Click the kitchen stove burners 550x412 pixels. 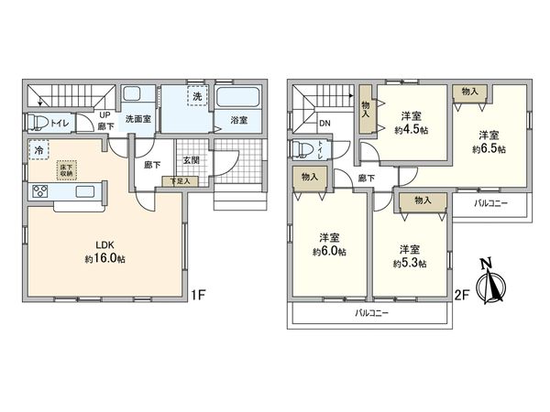pyautogui.click(x=41, y=191)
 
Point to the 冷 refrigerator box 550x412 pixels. pyautogui.click(x=38, y=149)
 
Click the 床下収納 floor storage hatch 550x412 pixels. pyautogui.click(x=67, y=169)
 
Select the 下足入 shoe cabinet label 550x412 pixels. pyautogui.click(x=180, y=182)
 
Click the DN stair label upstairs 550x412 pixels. pyautogui.click(x=324, y=124)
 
